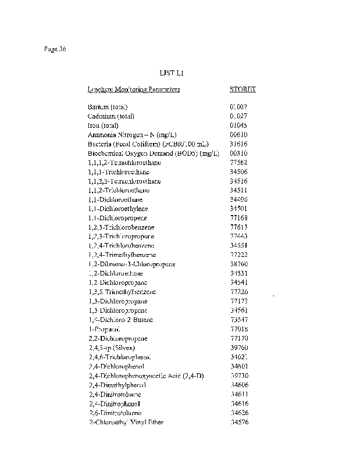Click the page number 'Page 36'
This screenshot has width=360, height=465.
(55, 49)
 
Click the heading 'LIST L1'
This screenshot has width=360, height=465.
(172, 73)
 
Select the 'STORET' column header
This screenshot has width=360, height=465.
(243, 90)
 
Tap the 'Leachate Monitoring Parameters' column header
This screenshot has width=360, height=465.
(133, 90)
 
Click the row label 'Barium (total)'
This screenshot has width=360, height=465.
(107, 107)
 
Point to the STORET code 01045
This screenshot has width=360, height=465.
(239, 126)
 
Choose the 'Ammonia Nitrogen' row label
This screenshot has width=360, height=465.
(124, 135)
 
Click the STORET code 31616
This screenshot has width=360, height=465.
(239, 144)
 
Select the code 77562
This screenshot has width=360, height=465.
(239, 163)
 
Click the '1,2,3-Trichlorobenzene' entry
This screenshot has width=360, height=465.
(121, 227)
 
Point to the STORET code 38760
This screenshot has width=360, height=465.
(239, 264)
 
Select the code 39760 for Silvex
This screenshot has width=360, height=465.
(239, 348)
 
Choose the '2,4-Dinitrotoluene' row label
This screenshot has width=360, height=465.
(114, 394)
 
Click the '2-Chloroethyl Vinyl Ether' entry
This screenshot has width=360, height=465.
(126, 422)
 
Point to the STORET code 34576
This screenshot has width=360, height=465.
(239, 422)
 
